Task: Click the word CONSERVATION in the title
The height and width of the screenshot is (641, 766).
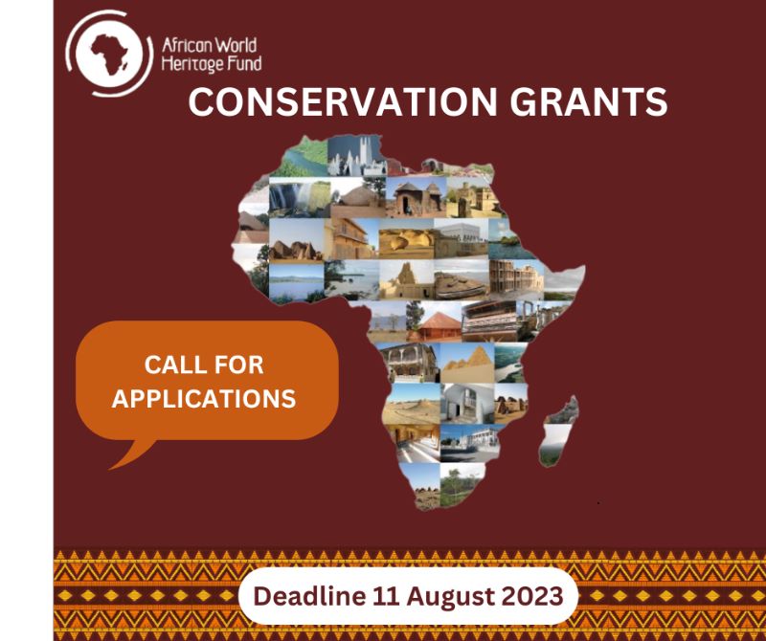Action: pos(343,102)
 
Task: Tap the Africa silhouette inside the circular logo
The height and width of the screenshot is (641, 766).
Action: pos(109,54)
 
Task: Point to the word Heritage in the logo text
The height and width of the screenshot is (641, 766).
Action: pos(192,64)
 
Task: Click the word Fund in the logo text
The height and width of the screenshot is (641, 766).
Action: pos(244,63)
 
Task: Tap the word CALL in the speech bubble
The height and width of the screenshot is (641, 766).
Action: pos(170,365)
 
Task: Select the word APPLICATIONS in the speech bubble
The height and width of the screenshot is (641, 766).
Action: pos(204,399)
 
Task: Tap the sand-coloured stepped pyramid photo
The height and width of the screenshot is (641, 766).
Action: pos(466,364)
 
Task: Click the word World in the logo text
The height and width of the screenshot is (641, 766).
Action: pos(237,45)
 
